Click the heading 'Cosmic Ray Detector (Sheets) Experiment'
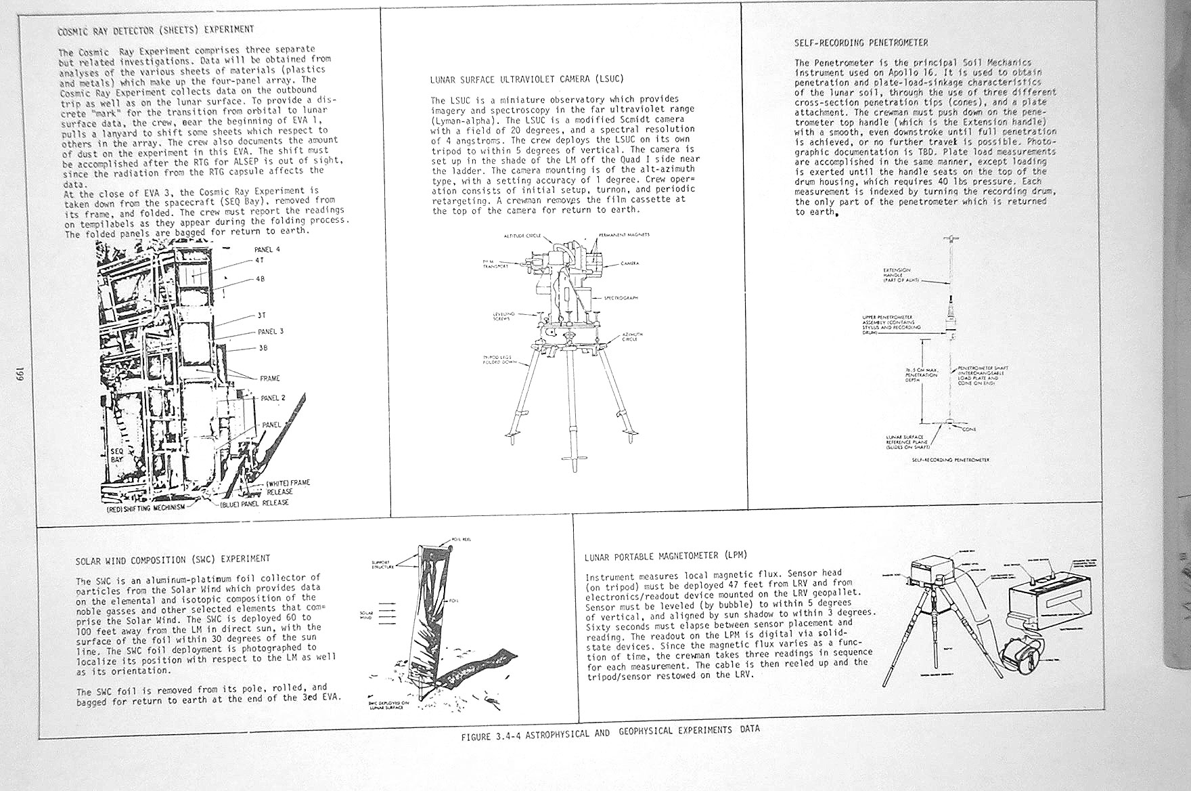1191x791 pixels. [x=156, y=30]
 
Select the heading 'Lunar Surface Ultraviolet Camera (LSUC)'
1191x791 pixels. [x=526, y=79]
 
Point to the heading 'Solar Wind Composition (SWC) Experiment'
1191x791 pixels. [x=173, y=559]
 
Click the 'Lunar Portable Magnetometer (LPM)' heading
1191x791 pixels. [x=666, y=556]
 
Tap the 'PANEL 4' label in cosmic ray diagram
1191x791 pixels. [x=267, y=249]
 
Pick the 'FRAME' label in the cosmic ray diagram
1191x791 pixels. [x=269, y=379]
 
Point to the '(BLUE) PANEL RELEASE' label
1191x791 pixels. [x=254, y=503]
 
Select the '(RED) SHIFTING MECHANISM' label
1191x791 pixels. [x=145, y=508]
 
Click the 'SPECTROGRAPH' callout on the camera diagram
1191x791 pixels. [x=620, y=297]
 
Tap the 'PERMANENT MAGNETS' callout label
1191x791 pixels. [x=624, y=235]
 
